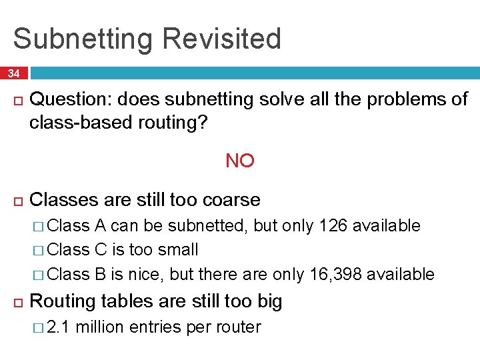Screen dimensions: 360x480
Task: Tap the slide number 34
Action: click(x=14, y=73)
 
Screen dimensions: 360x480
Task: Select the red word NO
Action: click(x=240, y=161)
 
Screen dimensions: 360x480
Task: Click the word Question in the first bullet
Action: click(x=71, y=100)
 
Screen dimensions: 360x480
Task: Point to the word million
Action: click(x=103, y=327)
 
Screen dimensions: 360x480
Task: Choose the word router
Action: click(x=237, y=327)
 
